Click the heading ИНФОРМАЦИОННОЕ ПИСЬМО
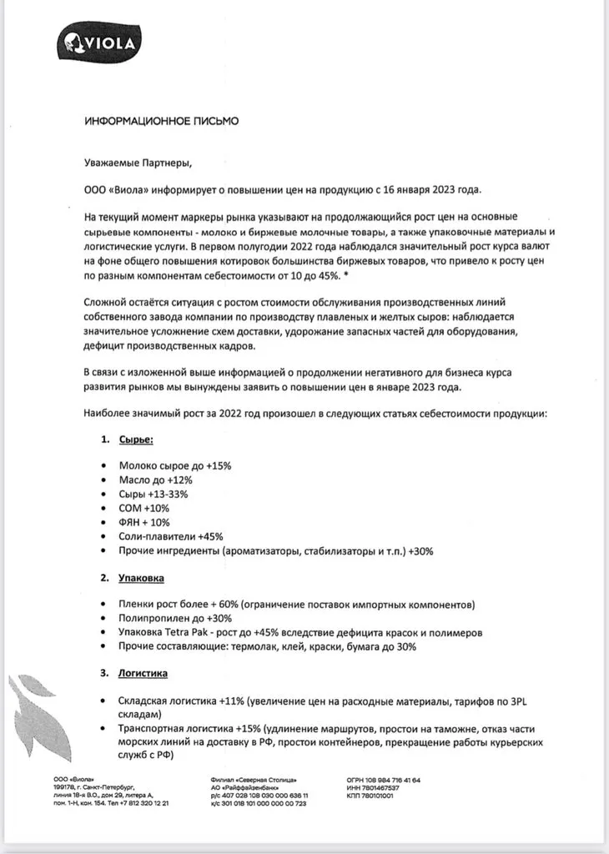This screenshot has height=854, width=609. pos(161,121)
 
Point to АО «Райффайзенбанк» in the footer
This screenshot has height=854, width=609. pos(248,787)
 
